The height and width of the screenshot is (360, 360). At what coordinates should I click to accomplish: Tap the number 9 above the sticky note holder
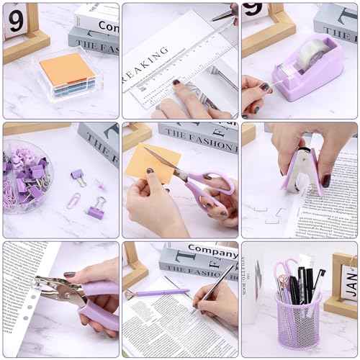(x=14, y=22)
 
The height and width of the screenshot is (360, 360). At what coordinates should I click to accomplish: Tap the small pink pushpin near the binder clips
(x=78, y=176)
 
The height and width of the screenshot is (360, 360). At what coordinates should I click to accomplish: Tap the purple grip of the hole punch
(x=101, y=302)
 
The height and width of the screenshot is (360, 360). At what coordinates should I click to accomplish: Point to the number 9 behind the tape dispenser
(x=253, y=9)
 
